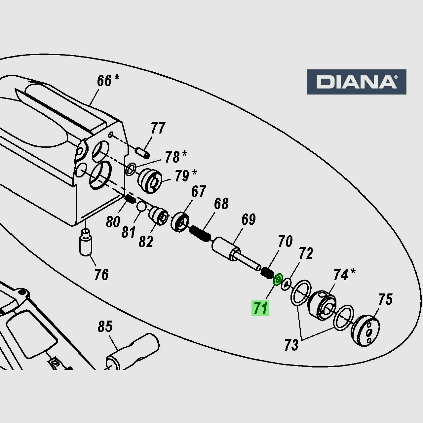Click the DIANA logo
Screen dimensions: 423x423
pos(357,82)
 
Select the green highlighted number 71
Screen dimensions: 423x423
pos(260,308)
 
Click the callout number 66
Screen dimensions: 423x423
pos(104,81)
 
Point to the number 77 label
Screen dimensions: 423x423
pos(158,128)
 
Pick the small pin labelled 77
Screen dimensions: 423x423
pos(142,153)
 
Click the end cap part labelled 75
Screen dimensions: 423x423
pos(365,331)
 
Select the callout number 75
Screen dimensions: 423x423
pos(385,300)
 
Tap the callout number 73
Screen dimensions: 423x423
pos(291,345)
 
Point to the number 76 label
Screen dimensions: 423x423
pos(101,275)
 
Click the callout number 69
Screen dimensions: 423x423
pos(248,219)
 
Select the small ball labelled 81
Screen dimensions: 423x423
pos(141,207)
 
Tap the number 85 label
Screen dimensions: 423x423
pos(105,327)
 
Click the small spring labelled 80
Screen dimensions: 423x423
pos(129,199)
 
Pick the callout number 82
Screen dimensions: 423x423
pos(146,242)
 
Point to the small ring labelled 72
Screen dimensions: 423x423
pos(286,284)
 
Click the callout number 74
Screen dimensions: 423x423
pos(341,275)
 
